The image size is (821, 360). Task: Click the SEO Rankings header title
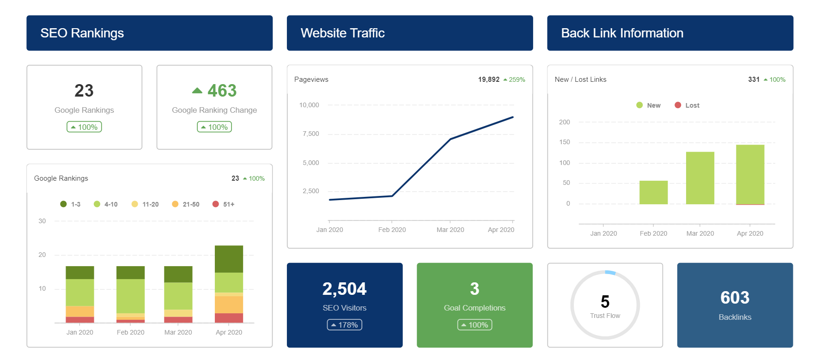click(82, 33)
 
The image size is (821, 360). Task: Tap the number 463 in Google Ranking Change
click(222, 91)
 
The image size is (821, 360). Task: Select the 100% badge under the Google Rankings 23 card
click(84, 127)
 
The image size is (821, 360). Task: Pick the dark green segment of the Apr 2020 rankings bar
click(229, 259)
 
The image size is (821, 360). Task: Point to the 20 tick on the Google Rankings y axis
click(42, 255)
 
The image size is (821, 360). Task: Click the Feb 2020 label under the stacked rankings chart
click(130, 332)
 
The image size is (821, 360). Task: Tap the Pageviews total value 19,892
click(488, 79)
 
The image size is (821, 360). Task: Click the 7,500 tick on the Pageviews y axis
click(310, 134)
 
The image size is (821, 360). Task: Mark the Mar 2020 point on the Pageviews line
click(450, 139)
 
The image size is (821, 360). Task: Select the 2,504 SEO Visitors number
click(344, 289)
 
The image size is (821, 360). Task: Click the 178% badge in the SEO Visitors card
click(345, 325)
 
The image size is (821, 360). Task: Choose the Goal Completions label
click(474, 308)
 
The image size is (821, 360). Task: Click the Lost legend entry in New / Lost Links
click(687, 105)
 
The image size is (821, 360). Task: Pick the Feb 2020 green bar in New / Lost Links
click(653, 192)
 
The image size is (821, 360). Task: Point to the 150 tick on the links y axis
click(565, 142)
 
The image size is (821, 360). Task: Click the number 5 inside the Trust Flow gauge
click(605, 302)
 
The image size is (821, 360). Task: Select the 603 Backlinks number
click(735, 298)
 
